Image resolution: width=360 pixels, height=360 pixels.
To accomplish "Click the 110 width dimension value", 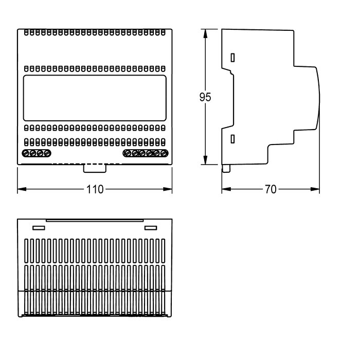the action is pos(95,189).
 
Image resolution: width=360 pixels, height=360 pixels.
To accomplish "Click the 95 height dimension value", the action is pos(205,97).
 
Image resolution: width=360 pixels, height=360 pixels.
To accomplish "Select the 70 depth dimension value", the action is pos(271,189).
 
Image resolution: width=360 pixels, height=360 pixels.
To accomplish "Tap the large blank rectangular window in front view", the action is pos(95,98).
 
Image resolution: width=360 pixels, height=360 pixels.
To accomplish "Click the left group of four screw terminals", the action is pos(37,153).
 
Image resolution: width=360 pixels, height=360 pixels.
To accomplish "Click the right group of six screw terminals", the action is pos(146,153).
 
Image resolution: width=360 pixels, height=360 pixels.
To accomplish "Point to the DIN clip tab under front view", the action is pos(95,168).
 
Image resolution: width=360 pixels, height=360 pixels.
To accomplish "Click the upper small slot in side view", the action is pos(232,58).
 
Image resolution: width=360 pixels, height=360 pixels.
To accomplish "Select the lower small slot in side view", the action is pos(232,139).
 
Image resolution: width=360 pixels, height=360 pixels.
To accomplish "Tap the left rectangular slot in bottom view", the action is pos(39,228).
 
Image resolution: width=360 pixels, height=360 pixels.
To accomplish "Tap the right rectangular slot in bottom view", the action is pos(151,228).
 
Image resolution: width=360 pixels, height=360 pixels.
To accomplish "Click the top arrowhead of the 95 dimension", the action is pos(205,33).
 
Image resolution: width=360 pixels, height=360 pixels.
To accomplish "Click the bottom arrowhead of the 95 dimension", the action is pos(205,160).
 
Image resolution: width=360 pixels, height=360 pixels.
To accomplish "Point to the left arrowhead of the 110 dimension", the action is pos(22,189).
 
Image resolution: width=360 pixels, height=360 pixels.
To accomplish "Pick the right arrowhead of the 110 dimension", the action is pos(168,189).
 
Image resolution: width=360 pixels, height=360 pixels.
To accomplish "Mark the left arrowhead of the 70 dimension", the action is pos(226,189).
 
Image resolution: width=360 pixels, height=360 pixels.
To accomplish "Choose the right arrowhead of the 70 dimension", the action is pos(315,189).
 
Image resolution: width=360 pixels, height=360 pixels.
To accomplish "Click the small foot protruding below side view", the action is pos(226,168).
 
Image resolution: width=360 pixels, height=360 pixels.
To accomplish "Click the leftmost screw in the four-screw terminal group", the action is pos(26,153).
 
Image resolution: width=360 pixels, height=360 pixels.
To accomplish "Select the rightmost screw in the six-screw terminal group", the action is pos(164,153).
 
